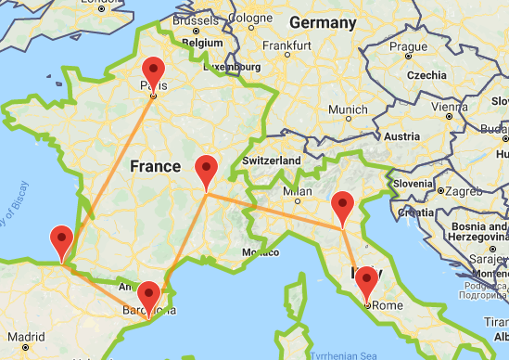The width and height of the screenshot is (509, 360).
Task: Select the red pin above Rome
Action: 365,281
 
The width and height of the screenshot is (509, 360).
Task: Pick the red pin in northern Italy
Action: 344,207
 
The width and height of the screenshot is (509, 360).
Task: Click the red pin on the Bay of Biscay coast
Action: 63,241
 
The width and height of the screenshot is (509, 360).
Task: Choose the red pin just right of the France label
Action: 207,172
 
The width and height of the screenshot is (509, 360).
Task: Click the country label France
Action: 155,167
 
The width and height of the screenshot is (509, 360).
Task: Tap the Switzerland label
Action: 271,161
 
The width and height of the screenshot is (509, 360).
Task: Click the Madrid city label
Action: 28,338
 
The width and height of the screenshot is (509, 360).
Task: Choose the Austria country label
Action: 401,136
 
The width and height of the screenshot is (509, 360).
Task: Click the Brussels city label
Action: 193,18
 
